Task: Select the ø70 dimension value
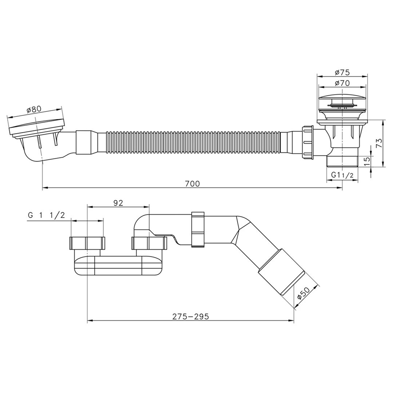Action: [342, 83]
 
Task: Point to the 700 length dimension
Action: [192, 184]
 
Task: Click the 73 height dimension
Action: [379, 143]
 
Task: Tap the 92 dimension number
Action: [118, 203]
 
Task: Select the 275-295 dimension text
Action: [190, 317]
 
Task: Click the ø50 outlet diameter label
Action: [304, 293]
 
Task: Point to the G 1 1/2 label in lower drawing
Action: [47, 215]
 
